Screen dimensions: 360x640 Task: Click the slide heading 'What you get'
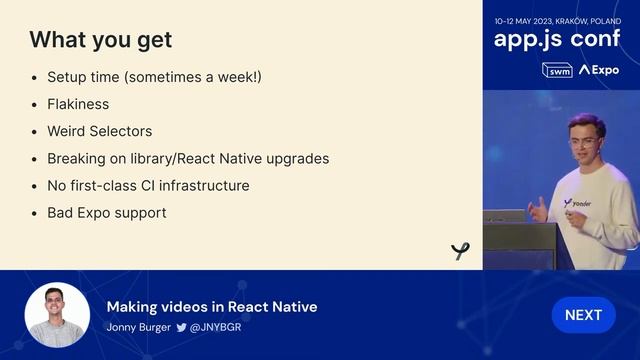[100, 40]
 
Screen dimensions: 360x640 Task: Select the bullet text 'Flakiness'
[78, 104]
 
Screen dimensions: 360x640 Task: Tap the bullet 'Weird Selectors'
[100, 131]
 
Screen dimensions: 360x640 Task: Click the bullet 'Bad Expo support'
[106, 213]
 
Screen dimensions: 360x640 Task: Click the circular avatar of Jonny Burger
[57, 315]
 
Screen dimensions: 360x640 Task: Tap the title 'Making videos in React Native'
[212, 307]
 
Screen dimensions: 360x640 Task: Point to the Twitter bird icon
[181, 327]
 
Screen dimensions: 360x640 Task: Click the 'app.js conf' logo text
[556, 39]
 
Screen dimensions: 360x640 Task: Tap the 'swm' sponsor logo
[557, 70]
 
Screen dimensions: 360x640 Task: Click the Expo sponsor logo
[599, 70]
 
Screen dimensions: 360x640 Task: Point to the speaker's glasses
[583, 141]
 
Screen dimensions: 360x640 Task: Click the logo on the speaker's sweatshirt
[577, 203]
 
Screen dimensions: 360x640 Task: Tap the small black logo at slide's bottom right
[460, 251]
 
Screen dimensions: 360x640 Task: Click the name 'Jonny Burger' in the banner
[138, 327]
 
